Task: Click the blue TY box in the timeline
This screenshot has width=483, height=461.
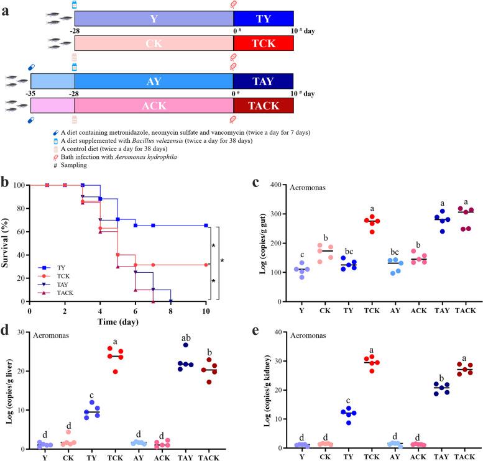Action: (x=263, y=19)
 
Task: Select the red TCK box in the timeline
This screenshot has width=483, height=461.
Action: (x=263, y=43)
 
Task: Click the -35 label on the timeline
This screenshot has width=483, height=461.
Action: (x=30, y=93)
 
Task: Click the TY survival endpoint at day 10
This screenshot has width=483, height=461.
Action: (x=206, y=226)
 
